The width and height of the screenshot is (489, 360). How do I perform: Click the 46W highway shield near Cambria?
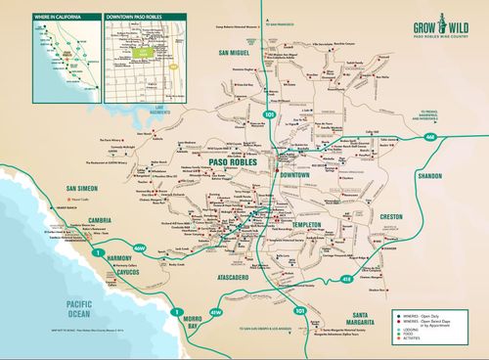point(140,248)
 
